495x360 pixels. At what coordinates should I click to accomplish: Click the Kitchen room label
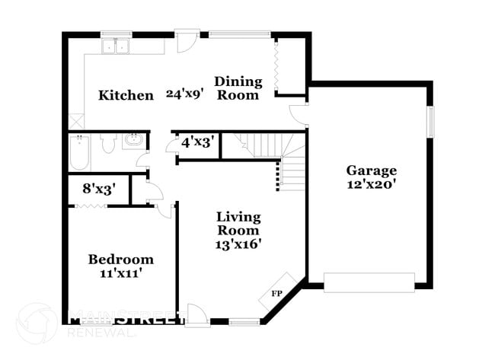[126, 96]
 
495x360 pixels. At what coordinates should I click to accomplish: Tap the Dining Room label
[238, 88]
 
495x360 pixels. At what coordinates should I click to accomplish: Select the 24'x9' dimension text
[185, 95]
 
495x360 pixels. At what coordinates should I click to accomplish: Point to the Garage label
[371, 170]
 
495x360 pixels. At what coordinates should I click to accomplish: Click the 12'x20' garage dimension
[371, 185]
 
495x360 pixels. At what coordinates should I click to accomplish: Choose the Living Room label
[238, 224]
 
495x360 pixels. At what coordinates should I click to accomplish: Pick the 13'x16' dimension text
[238, 244]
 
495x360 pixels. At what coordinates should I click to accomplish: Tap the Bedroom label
[120, 260]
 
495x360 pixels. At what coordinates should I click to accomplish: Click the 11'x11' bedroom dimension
[120, 274]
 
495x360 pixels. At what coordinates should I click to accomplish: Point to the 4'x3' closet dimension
[196, 142]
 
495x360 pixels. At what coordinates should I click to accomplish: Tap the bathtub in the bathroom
[79, 152]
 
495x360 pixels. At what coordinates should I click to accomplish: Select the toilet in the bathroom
[107, 143]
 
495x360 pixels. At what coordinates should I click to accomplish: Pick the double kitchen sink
[117, 46]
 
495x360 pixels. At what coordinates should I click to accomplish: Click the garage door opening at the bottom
[369, 282]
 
